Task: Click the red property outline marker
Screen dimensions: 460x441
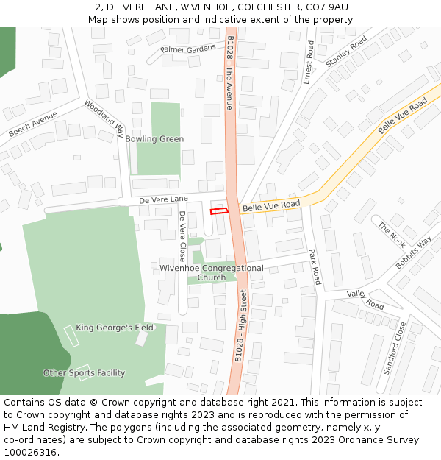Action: pyautogui.click(x=220, y=211)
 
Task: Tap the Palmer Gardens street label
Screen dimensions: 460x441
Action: pyautogui.click(x=187, y=49)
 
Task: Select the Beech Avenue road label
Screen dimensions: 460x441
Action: pyautogui.click(x=33, y=124)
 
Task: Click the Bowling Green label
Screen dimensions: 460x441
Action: pyautogui.click(x=154, y=139)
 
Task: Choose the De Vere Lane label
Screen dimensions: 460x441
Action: pyautogui.click(x=164, y=199)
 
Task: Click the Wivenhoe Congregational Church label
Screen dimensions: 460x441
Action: pyautogui.click(x=212, y=273)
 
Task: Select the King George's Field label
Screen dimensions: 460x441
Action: pyautogui.click(x=115, y=328)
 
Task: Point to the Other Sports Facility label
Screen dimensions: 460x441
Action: pyautogui.click(x=84, y=373)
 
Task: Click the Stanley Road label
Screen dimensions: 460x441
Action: pyautogui.click(x=346, y=52)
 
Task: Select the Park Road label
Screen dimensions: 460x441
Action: pyautogui.click(x=315, y=267)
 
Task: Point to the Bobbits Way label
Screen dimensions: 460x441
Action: pyautogui.click(x=415, y=252)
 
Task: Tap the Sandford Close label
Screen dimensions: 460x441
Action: pyautogui.click(x=394, y=348)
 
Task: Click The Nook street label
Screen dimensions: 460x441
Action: pyautogui.click(x=392, y=234)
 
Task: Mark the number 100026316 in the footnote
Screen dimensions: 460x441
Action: pyautogui.click(x=32, y=452)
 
